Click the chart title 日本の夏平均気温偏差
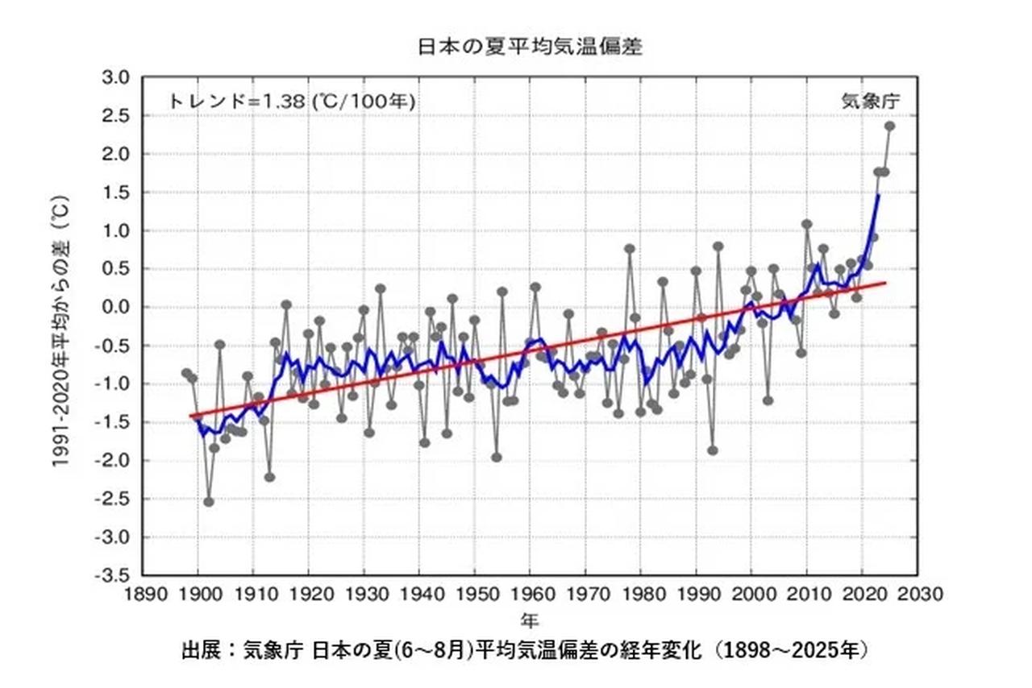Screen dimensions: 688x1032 pos(529,47)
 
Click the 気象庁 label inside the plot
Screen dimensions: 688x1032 pos(871,102)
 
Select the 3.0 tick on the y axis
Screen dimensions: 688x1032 pos(114,77)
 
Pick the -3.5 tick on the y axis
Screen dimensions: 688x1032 pos(112,576)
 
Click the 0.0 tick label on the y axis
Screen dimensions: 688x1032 pos(114,308)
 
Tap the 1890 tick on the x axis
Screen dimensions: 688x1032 pos(143,595)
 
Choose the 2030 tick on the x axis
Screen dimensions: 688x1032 pos(918,595)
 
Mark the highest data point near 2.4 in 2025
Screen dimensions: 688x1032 pos(890,126)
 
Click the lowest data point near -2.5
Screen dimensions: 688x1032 pos(209,501)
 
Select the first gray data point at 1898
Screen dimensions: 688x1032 pos(186,373)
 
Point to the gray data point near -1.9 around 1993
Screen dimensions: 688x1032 pos(713,450)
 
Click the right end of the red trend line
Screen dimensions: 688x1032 pos(885,283)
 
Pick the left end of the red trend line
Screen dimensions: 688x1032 pos(190,417)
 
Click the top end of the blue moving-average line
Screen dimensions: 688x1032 pos(878,194)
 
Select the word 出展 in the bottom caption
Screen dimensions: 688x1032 pos(203,650)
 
